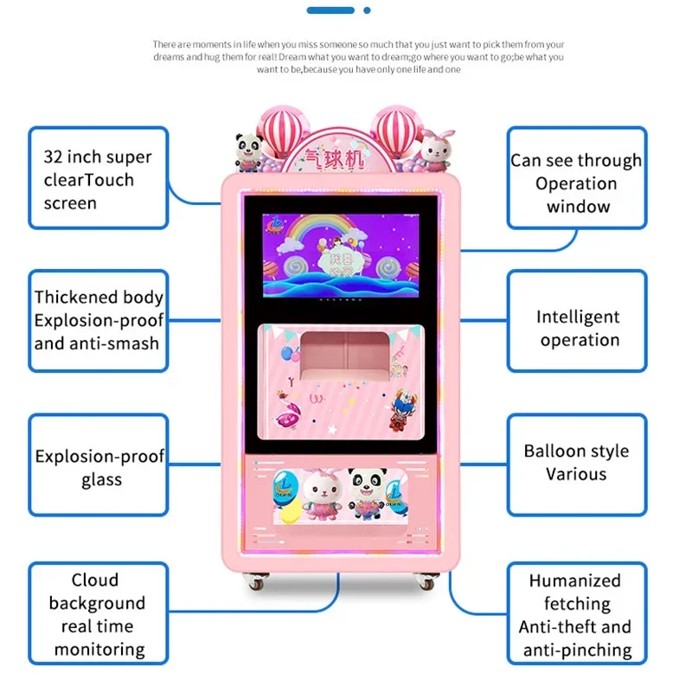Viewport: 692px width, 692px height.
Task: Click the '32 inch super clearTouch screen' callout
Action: pos(98,179)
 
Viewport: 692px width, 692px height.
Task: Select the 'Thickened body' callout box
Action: pos(98,320)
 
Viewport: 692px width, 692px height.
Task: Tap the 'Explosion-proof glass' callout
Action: pos(98,467)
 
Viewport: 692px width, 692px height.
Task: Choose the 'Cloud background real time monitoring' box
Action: pos(98,614)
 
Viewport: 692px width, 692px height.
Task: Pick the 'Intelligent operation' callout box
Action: pos(576,329)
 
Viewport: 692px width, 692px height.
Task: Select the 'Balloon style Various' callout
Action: pos(576,463)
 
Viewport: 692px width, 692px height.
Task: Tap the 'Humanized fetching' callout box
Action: pos(576,614)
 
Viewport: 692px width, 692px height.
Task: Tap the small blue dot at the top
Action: pos(367,10)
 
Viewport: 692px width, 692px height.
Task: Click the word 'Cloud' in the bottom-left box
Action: pos(95,580)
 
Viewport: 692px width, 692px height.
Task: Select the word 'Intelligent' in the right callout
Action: pos(578,317)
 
